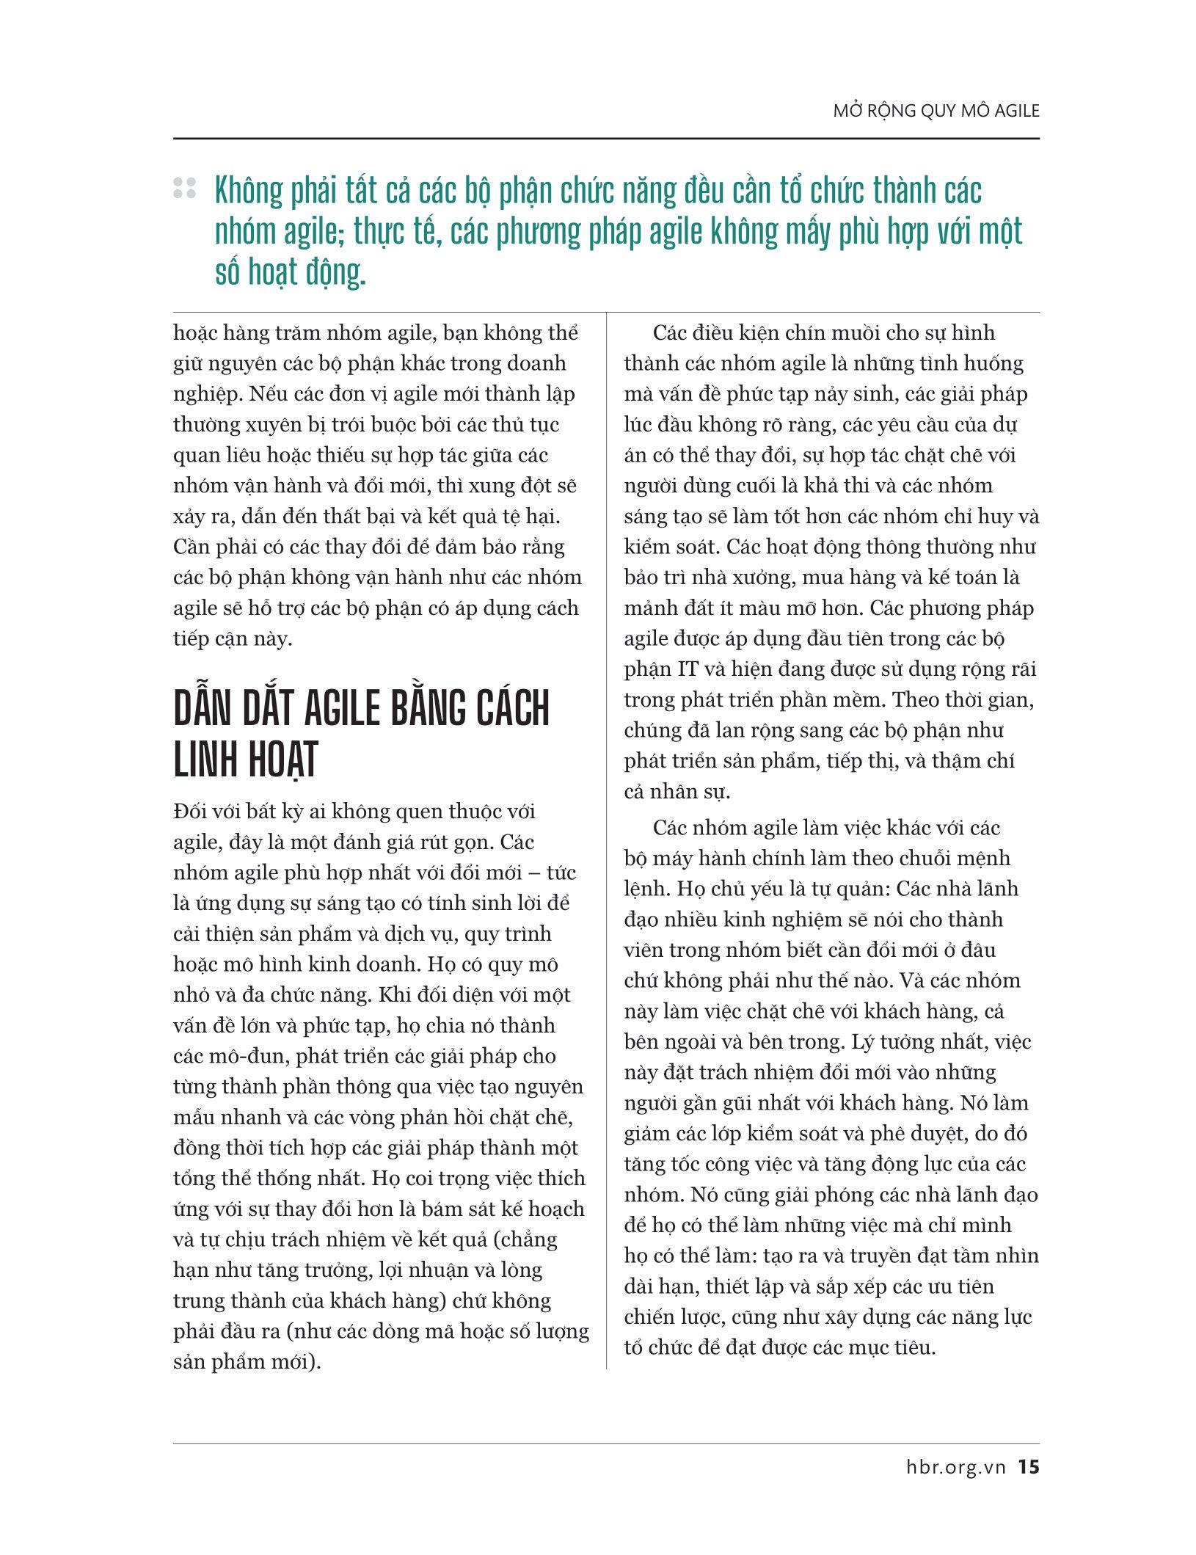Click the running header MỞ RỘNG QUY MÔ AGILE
click(x=937, y=112)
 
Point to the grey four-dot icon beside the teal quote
click(x=184, y=189)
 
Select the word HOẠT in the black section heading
click(x=280, y=760)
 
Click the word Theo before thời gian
click(x=916, y=700)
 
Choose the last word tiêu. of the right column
click(x=908, y=1348)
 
